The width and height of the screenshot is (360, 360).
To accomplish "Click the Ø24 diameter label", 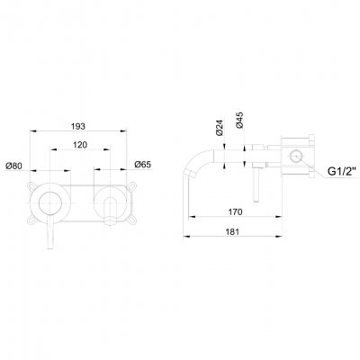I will point(219,129).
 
